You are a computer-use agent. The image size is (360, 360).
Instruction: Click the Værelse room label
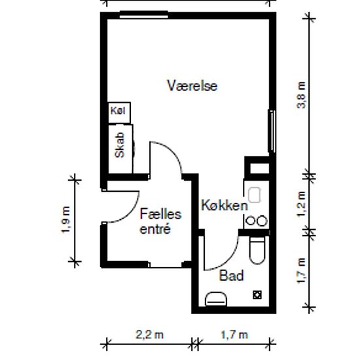(x=192, y=86)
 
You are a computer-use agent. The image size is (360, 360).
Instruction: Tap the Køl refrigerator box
(x=119, y=113)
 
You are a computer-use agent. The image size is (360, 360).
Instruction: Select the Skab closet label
(x=120, y=145)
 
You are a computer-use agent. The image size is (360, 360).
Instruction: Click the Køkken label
(x=225, y=206)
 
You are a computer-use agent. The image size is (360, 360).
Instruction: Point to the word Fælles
(x=161, y=214)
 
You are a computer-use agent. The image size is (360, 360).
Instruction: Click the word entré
(x=155, y=228)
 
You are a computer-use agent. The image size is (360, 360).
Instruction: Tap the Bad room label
(x=231, y=276)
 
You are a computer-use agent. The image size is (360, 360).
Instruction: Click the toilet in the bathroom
(x=257, y=250)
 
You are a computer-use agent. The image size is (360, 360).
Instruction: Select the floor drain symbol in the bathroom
(x=257, y=295)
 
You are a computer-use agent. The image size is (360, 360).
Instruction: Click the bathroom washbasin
(x=216, y=299)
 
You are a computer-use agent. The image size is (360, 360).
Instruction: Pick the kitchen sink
(x=255, y=194)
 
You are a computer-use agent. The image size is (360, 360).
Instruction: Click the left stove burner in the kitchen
(x=250, y=221)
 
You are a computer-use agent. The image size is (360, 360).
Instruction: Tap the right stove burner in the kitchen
(x=262, y=221)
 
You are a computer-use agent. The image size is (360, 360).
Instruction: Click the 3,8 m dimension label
(x=302, y=95)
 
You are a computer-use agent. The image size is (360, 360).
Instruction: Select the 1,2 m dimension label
(x=302, y=204)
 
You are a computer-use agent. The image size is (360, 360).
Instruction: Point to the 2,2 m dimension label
(x=149, y=334)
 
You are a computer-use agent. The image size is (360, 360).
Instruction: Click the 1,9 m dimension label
(x=66, y=219)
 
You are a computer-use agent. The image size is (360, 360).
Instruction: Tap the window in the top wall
(x=144, y=14)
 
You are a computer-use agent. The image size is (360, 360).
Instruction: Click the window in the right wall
(x=272, y=131)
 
